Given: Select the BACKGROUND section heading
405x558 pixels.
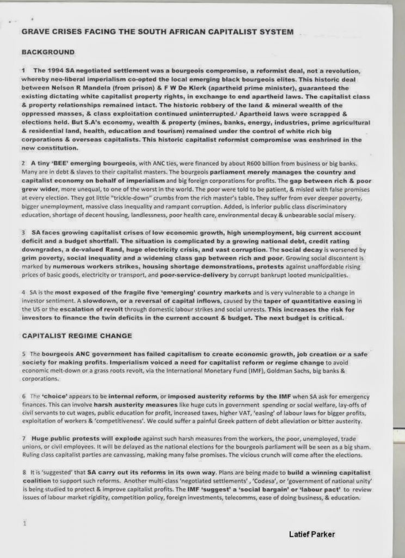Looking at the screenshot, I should click(x=48, y=52).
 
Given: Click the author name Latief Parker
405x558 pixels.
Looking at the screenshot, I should click(x=312, y=534).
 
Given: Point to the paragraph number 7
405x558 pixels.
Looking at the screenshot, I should click(x=24, y=438).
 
